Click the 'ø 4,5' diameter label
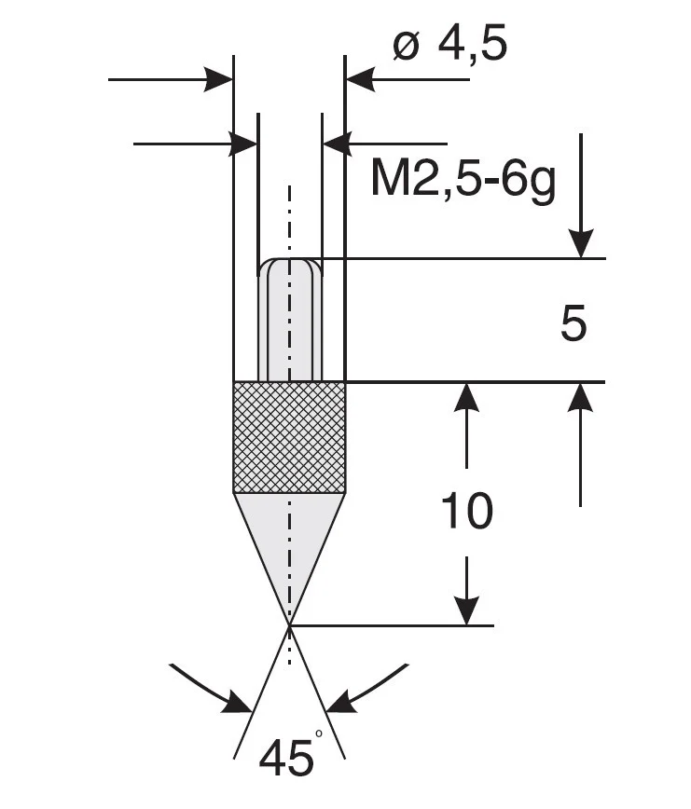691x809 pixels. click(449, 44)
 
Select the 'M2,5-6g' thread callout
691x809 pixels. click(463, 179)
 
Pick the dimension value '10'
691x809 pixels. click(465, 511)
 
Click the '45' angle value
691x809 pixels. click(286, 759)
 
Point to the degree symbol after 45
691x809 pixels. click(319, 735)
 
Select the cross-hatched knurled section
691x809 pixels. click(289, 436)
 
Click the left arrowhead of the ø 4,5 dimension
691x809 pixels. click(220, 79)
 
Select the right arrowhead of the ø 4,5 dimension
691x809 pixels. click(359, 79)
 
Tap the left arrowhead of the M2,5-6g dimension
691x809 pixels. click(244, 144)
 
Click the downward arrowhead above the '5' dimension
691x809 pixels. click(580, 244)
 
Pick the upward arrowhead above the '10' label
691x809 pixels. click(465, 396)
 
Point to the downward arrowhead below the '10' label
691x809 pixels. click(465, 611)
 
